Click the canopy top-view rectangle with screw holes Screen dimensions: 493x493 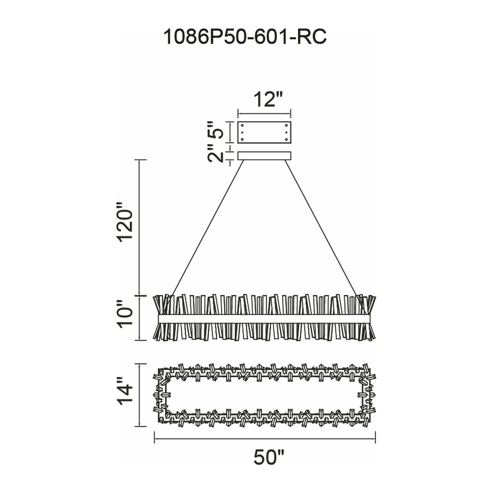[264, 132]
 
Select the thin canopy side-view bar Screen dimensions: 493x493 [264, 156]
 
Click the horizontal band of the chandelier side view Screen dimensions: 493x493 [264, 318]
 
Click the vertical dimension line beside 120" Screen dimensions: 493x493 [139, 228]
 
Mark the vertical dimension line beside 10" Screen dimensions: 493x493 [139, 318]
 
